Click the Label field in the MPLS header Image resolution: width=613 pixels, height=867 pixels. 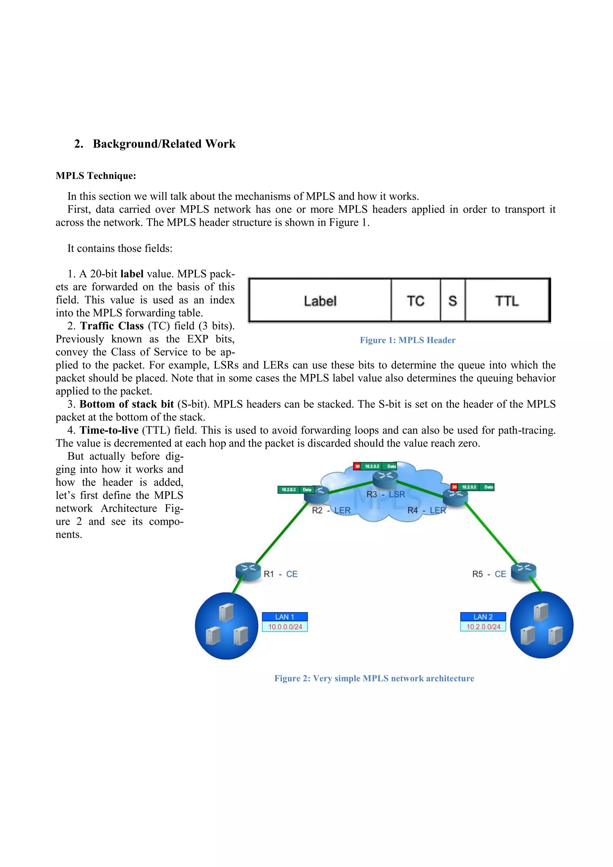(320, 301)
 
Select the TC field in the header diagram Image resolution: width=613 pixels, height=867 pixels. (415, 301)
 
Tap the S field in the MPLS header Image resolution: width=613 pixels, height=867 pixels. (453, 301)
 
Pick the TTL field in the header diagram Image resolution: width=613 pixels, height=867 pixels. (507, 301)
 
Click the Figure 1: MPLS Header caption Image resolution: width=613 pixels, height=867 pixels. (407, 340)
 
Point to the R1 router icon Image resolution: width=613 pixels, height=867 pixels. (248, 571)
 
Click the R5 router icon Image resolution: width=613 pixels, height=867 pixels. (524, 571)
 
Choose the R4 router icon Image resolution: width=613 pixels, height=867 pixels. (455, 496)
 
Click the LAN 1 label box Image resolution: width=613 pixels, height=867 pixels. (285, 617)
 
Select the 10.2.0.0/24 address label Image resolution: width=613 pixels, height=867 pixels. (483, 627)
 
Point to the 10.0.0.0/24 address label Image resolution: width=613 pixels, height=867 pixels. (285, 627)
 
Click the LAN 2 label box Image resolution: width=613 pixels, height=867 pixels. (483, 617)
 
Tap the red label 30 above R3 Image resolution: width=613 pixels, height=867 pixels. (357, 466)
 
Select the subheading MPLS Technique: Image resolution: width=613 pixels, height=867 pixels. (96, 176)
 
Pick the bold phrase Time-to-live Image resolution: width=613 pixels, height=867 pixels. (109, 430)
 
